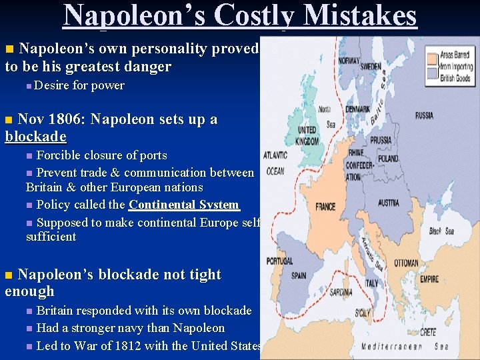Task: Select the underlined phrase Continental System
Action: click(183, 205)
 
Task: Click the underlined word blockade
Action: click(35, 137)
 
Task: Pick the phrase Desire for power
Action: click(79, 85)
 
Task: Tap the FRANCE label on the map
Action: click(325, 207)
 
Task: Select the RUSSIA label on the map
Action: click(423, 115)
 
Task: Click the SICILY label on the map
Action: click(362, 312)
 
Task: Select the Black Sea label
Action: click(445, 231)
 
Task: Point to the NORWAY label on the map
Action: click(349, 61)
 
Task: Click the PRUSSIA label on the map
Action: click(381, 140)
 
